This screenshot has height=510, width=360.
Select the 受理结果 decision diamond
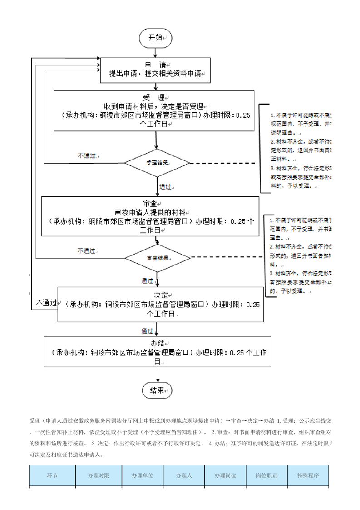click(157, 163)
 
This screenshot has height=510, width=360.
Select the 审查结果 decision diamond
click(157, 258)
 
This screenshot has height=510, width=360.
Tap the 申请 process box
click(155, 70)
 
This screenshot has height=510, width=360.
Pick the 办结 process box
click(157, 351)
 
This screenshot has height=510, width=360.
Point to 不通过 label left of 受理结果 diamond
click(87, 155)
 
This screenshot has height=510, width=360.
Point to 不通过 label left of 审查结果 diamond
click(86, 250)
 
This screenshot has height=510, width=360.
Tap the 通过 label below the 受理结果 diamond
click(165, 186)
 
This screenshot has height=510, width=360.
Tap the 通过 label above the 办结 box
click(147, 330)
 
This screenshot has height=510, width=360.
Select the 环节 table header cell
click(52, 475)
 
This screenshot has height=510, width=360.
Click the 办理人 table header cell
click(184, 475)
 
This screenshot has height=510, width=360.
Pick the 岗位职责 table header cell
click(266, 475)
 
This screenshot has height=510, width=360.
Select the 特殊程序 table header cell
click(308, 475)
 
